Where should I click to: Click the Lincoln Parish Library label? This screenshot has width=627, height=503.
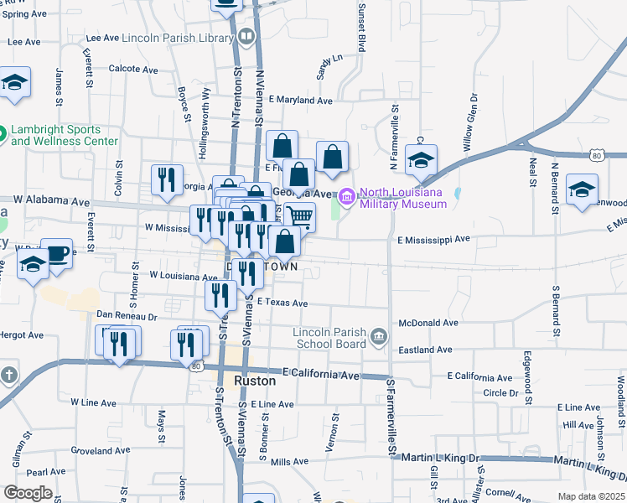click(176, 38)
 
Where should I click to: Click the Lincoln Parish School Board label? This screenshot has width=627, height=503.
click(329, 338)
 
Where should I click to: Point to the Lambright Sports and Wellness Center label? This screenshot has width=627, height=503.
click(65, 135)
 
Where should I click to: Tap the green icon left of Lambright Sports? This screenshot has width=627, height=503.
click(2, 132)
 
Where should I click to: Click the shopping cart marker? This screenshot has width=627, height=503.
click(299, 218)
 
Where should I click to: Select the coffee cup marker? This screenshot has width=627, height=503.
click(57, 254)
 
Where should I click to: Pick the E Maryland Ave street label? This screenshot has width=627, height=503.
click(300, 100)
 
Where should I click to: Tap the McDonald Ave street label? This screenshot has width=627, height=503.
click(427, 322)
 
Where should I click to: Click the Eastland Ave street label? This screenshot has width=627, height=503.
click(425, 349)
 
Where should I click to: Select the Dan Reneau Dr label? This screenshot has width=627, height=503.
click(127, 316)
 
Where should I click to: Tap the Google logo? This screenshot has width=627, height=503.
click(28, 493)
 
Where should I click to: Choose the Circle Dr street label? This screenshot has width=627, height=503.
click(500, 392)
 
